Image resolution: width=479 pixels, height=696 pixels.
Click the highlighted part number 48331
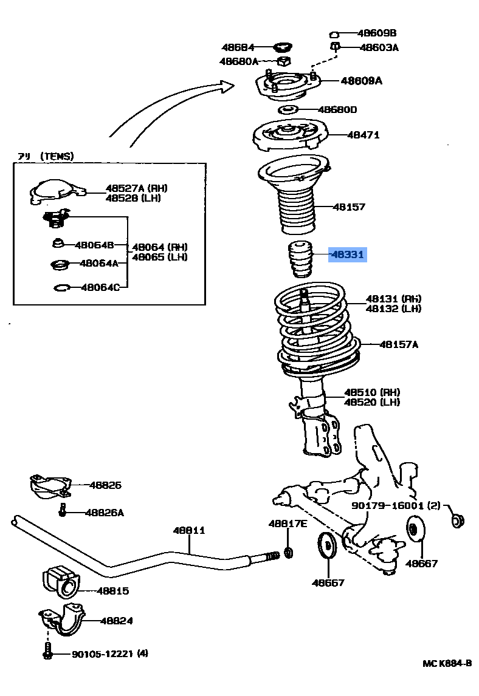[x=347, y=255]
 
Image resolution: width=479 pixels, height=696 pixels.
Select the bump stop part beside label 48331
[x=298, y=259]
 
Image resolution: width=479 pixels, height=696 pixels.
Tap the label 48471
[x=363, y=135]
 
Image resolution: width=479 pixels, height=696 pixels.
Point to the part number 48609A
[x=361, y=80]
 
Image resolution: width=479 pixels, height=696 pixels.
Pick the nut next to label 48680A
[x=283, y=61]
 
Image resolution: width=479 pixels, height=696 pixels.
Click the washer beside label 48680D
[x=288, y=110]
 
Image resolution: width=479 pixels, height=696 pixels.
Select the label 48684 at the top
[x=238, y=47]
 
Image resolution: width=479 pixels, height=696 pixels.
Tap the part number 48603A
[x=379, y=47]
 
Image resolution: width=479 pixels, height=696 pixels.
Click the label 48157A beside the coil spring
[x=398, y=344]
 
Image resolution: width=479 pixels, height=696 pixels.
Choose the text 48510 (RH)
[x=372, y=392]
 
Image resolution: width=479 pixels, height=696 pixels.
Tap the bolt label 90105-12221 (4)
[x=109, y=653]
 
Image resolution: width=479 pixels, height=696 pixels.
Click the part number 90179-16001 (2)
[x=396, y=505]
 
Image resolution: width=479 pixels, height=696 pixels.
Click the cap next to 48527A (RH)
[x=56, y=193]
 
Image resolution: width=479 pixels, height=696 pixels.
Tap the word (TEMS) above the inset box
[x=57, y=156]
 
